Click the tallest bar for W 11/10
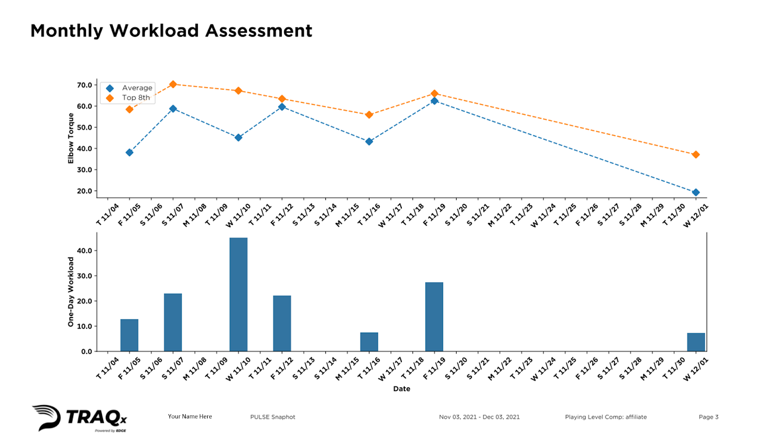[238, 294]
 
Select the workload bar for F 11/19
[434, 317]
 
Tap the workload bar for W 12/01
[696, 342]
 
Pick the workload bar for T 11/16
[369, 342]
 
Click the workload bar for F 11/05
[129, 335]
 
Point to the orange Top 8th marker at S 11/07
[173, 84]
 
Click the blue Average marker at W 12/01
[696, 193]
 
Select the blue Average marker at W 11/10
[238, 138]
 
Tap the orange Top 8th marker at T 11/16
[369, 115]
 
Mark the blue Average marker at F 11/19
[434, 101]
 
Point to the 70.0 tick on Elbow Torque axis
[84, 85]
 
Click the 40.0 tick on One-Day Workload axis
[84, 250]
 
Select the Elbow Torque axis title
[71, 138]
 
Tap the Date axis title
[401, 389]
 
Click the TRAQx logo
[80, 418]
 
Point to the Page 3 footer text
[709, 417]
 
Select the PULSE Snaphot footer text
[272, 417]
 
